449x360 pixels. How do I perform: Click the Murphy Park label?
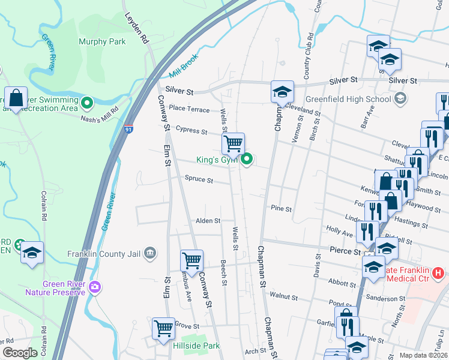pos(103,42)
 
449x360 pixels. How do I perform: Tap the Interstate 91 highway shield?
pos(129,128)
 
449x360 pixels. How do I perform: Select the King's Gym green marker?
pos(247,160)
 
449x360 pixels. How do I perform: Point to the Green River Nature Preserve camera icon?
pos(94,287)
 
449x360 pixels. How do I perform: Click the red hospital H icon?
pos(438,273)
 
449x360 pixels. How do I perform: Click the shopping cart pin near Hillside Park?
pos(163,329)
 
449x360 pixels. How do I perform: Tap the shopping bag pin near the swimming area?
pos(16,98)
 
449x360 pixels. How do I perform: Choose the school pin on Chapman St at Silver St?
pos(282,92)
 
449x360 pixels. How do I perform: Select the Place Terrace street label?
pos(189,109)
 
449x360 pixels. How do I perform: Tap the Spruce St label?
pos(199,179)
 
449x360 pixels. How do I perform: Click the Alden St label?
pos(208,221)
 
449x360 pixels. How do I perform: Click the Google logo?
pos(20,353)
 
